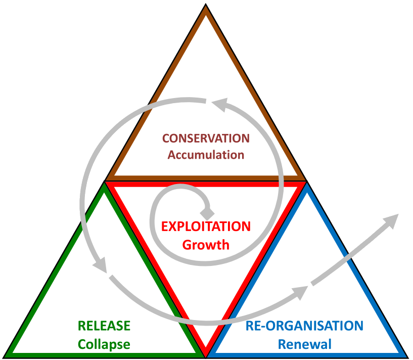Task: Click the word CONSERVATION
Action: pyautogui.click(x=206, y=139)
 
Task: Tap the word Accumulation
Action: pyautogui.click(x=206, y=155)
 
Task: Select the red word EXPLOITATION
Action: pyautogui.click(x=206, y=227)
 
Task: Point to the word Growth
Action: pyautogui.click(x=206, y=245)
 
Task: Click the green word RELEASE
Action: pyautogui.click(x=104, y=326)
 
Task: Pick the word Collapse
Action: pyautogui.click(x=104, y=344)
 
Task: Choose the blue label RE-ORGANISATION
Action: pyautogui.click(x=304, y=326)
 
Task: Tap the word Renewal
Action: pyautogui.click(x=304, y=344)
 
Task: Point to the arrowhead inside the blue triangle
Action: pyautogui.click(x=301, y=291)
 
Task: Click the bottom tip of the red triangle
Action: pyautogui.click(x=206, y=352)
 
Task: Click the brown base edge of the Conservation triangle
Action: pyautogui.click(x=206, y=178)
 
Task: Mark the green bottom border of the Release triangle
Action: pyautogui.click(x=104, y=355)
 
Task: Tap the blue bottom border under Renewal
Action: pyautogui.click(x=304, y=355)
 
